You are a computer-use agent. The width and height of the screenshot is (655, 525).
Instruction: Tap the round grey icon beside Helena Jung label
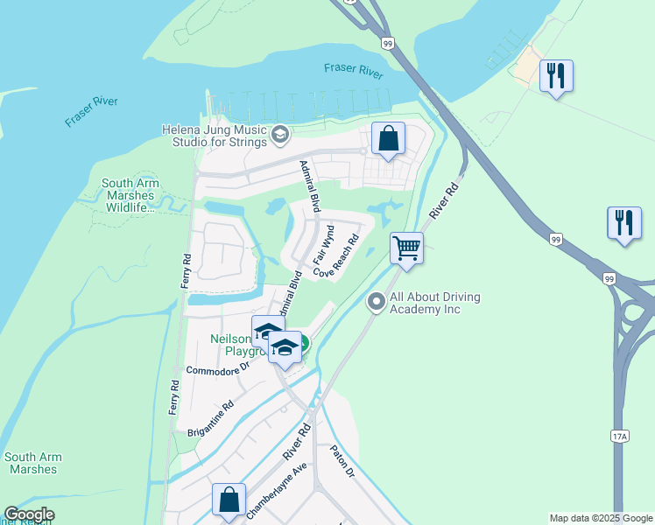point(280,134)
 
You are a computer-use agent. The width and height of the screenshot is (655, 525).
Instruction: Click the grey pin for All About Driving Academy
point(377,303)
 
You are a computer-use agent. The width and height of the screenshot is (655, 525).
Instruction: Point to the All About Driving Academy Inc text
point(435,303)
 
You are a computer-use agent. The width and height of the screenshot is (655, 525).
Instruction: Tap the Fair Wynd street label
point(323,245)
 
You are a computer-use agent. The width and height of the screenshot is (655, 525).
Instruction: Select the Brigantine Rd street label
point(211,417)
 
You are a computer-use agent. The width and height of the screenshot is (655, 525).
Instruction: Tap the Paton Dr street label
point(342,461)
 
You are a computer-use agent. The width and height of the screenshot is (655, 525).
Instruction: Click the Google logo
point(28,514)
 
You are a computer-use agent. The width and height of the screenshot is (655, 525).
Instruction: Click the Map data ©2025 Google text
point(600,518)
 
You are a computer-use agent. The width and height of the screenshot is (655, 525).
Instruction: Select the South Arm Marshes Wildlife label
point(128,195)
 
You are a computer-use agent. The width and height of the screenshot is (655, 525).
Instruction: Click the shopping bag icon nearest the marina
point(388,138)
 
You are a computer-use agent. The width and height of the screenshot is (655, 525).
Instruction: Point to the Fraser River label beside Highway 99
point(353,70)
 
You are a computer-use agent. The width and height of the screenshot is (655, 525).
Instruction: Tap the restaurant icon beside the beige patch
point(556,76)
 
